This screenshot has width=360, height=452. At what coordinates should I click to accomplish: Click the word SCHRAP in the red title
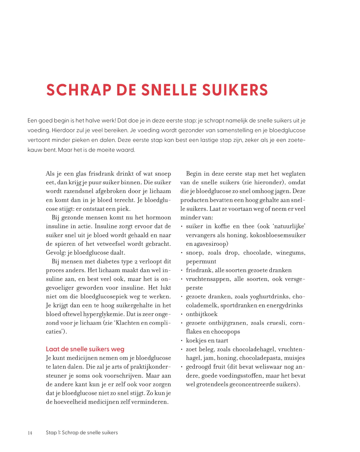click(79, 90)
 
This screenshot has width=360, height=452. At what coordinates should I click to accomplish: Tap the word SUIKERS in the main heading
click(235, 90)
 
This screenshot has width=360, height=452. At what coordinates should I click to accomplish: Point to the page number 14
click(30, 433)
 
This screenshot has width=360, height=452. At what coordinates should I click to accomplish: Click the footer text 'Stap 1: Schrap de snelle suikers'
click(82, 433)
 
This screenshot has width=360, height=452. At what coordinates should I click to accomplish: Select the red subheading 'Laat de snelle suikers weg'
click(85, 349)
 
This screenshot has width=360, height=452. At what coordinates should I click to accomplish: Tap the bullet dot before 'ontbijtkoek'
click(182, 314)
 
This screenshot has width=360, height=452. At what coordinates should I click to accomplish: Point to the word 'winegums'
click(290, 253)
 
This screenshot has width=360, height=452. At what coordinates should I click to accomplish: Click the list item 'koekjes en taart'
click(207, 341)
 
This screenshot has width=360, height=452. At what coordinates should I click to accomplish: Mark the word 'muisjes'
click(294, 358)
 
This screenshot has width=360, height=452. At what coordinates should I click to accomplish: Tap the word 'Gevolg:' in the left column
click(56, 253)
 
